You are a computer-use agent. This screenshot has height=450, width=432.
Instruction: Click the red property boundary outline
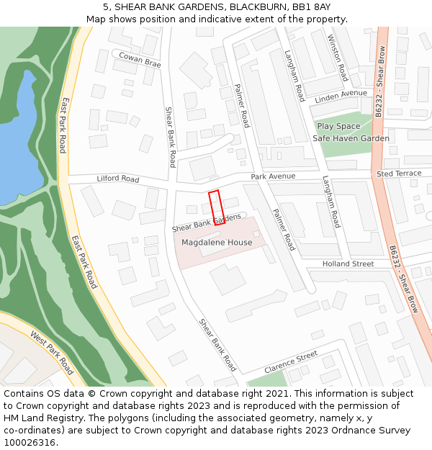coord(217,207)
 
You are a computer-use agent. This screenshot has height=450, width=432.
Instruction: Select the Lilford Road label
coord(118,179)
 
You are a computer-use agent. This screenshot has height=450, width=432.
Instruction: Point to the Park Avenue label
coord(273,176)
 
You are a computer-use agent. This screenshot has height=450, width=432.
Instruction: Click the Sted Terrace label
coord(399,174)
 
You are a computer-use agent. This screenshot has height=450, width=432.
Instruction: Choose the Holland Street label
coord(348,264)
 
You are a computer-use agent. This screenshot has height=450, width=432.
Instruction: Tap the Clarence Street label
coord(290,361)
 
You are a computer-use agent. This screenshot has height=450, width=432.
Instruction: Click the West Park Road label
coord(52,353)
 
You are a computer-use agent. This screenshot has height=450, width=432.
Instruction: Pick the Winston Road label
coord(338,57)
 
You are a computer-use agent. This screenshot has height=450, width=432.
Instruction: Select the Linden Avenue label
coord(341,94)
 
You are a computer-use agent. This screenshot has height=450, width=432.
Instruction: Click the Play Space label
coord(338,126)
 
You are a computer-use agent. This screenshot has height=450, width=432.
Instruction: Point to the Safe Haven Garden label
coord(351,138)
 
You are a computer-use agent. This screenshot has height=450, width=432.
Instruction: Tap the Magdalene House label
coord(217,243)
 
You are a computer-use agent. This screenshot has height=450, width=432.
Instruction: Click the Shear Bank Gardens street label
coord(207,222)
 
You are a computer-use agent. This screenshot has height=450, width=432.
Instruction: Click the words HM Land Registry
coord(37,418)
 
